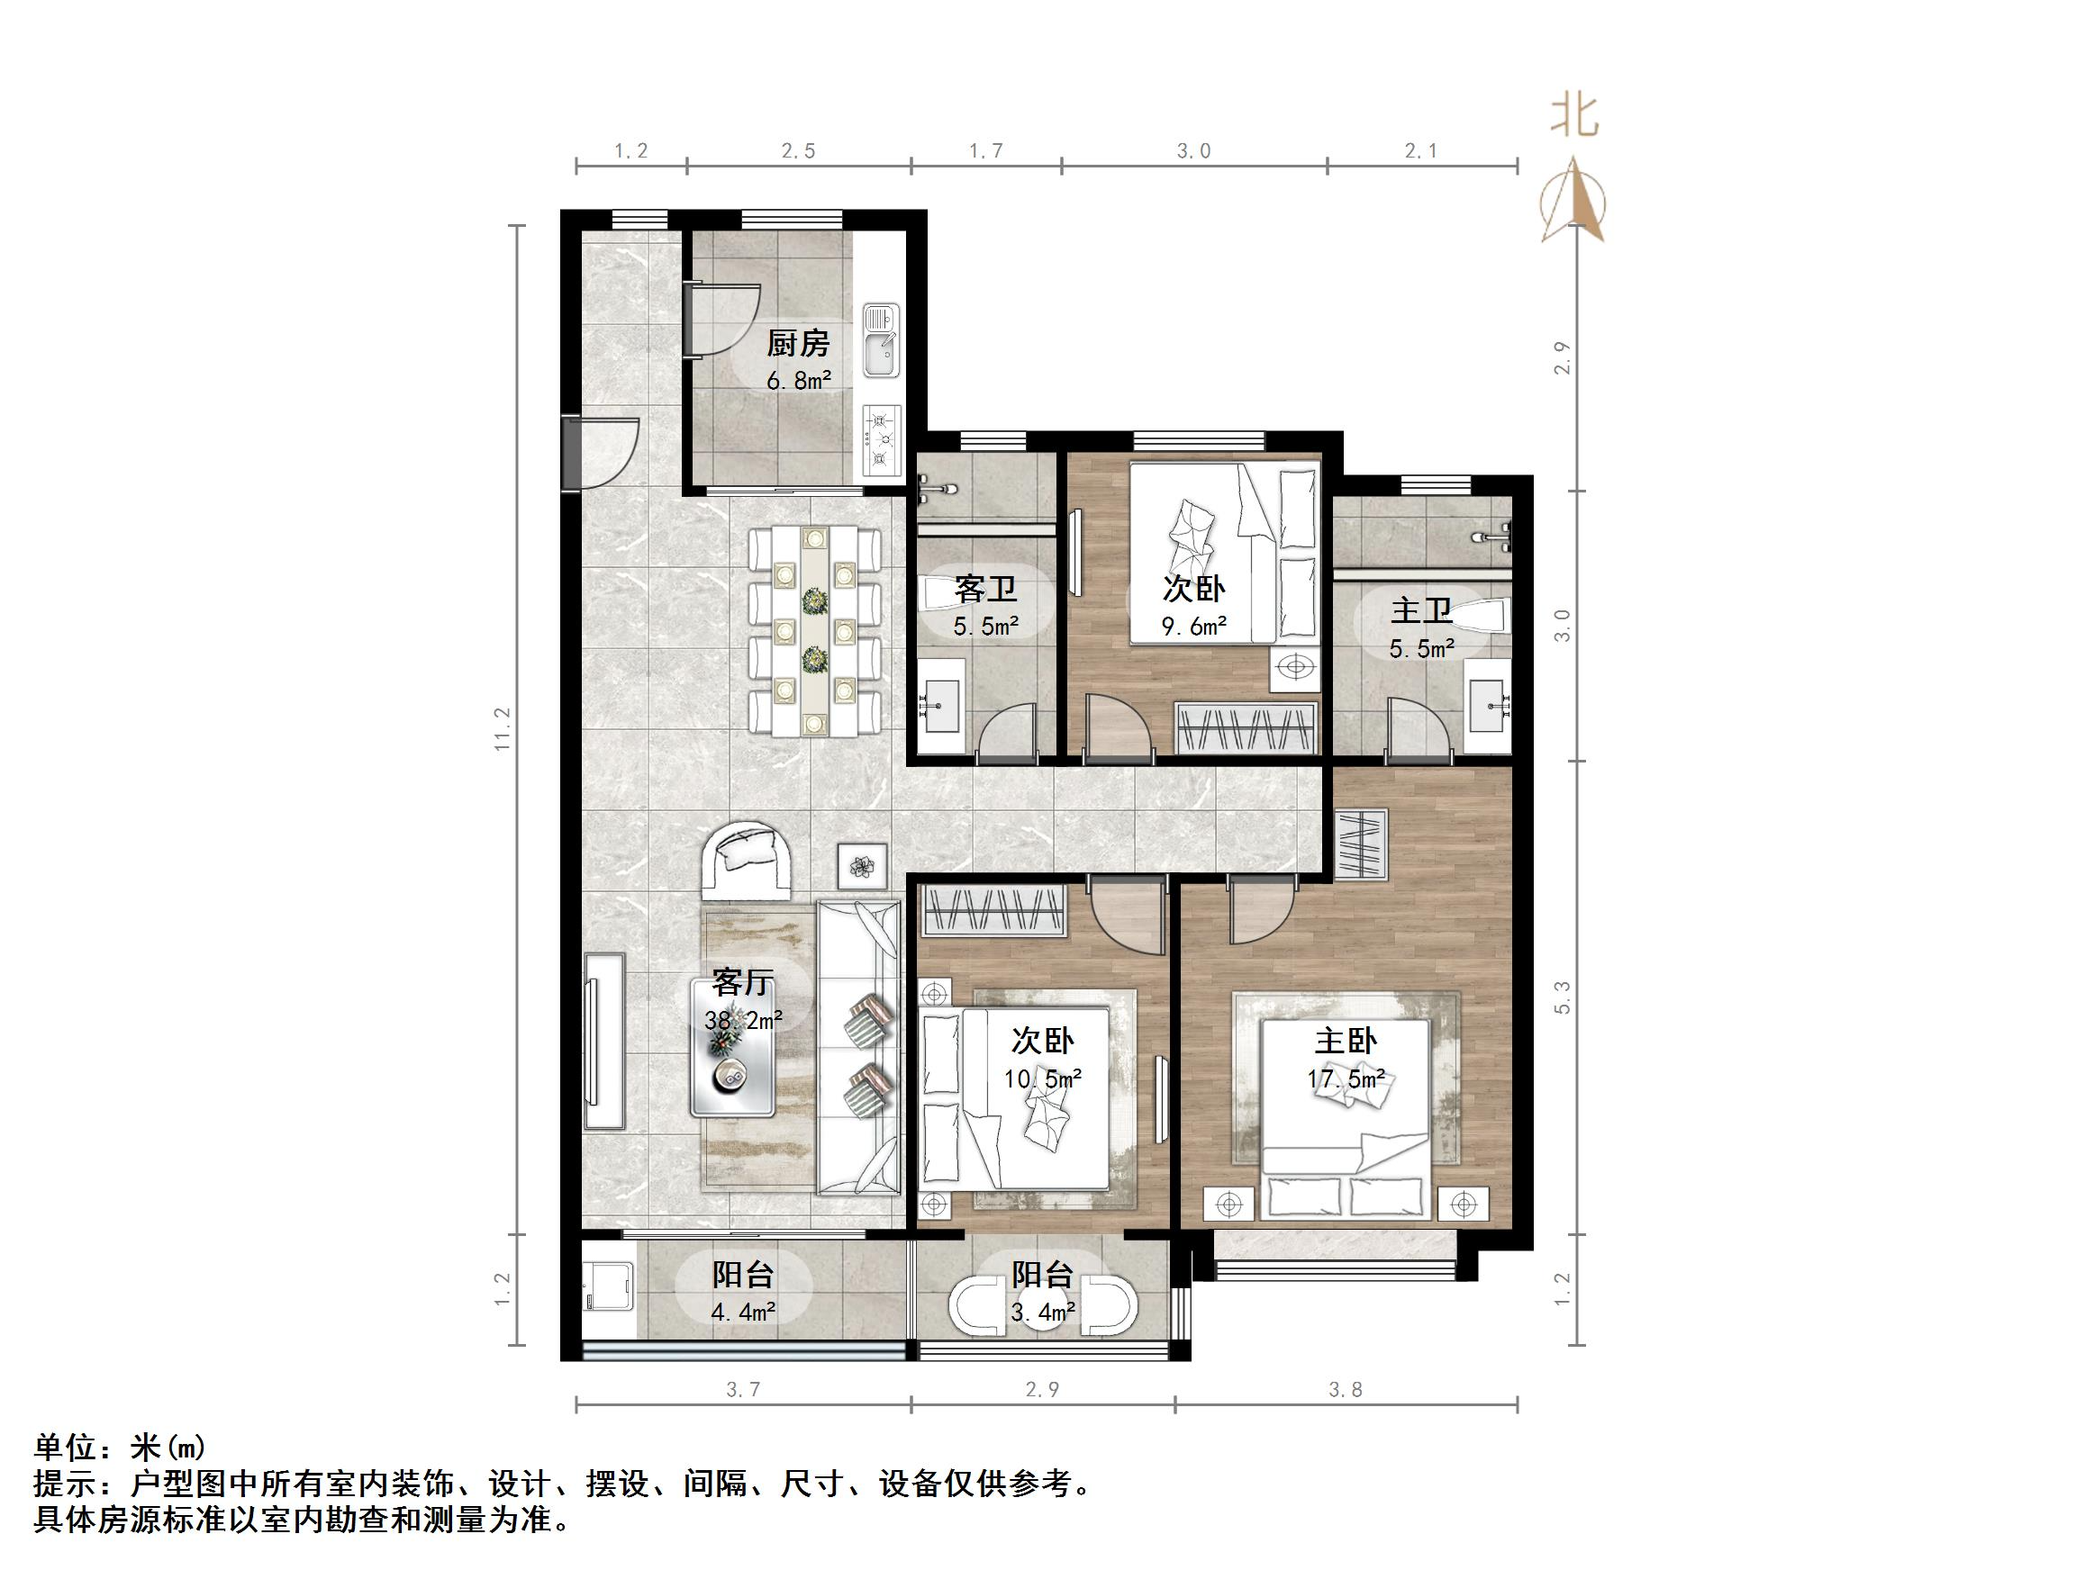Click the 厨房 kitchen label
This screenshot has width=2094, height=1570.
[x=797, y=343]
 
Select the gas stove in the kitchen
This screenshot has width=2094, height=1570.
[x=882, y=439]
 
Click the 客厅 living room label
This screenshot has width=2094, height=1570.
[x=742, y=982]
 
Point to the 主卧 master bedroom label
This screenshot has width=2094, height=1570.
[x=1346, y=1041]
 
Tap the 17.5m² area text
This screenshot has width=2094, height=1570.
[x=1346, y=1078]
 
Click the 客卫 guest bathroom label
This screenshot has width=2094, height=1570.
[x=985, y=590]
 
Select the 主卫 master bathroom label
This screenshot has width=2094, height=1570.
[x=1421, y=611]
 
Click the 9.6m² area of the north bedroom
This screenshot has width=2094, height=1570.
[x=1193, y=626]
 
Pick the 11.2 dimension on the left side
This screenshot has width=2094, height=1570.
[x=502, y=728]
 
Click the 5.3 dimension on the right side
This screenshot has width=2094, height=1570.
[x=1563, y=997]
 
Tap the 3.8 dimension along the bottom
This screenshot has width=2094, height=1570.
[x=1346, y=1389]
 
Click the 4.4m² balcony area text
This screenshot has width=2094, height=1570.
[x=743, y=1313]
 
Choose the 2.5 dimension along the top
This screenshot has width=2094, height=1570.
[x=798, y=151]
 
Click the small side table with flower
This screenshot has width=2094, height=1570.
[x=861, y=866]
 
